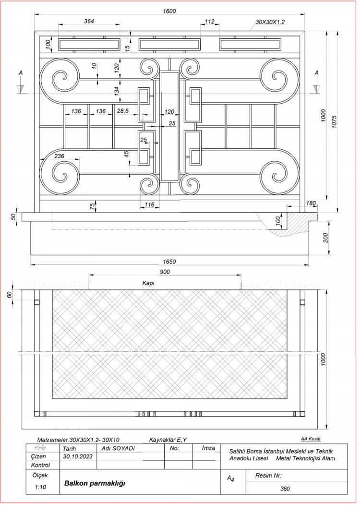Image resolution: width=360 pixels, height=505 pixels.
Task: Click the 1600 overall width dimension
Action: pos(169,11)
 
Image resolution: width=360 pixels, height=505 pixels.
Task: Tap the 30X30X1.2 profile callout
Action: pos(270,22)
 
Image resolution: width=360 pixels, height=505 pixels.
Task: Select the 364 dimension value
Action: pos(89,21)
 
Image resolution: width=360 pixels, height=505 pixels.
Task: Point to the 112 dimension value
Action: pos(209,22)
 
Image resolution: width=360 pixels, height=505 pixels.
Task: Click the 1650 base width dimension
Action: pos(169,262)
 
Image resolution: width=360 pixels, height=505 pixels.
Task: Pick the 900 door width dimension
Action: pos(165,272)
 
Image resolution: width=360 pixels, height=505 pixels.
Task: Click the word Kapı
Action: pos(148,283)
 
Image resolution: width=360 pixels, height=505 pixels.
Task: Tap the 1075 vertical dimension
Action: pos(334,122)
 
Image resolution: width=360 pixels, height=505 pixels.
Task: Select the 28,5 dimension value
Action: pos(123,111)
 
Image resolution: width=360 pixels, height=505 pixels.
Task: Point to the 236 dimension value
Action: pos(59,156)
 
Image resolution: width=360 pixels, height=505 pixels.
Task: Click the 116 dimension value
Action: pos(149,204)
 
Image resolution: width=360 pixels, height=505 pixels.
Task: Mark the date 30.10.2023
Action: pos(78,457)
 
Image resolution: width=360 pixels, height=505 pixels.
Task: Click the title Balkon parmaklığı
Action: pos(95,483)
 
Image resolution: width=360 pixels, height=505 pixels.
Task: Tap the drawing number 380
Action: pos(285,489)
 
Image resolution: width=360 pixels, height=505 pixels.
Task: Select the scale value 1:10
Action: pos(40,487)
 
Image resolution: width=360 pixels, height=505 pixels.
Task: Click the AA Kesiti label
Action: pos(311,439)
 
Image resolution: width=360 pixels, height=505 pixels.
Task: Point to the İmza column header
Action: pos(208,448)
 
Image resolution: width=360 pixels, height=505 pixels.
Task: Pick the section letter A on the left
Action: pos(21,73)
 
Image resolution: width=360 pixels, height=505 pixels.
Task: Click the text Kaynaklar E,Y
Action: pos(168,440)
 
